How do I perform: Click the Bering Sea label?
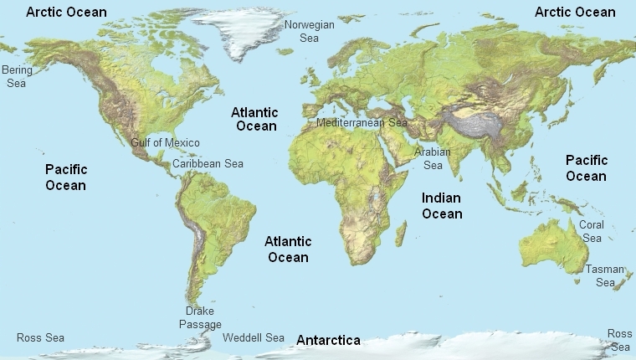[17, 76]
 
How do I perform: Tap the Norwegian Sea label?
[309, 31]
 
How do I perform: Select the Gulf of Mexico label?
[165, 142]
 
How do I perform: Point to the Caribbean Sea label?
[208, 163]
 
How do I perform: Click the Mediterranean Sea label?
[362, 122]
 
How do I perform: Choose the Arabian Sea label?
[433, 158]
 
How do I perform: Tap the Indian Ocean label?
[442, 205]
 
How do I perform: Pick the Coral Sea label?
[592, 231]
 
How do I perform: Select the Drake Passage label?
[200, 317]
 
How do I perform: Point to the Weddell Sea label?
[254, 337]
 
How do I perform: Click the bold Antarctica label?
[328, 340]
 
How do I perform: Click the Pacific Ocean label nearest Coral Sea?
[586, 167]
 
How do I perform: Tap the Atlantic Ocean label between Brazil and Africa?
[288, 249]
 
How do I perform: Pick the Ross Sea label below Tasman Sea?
[620, 340]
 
